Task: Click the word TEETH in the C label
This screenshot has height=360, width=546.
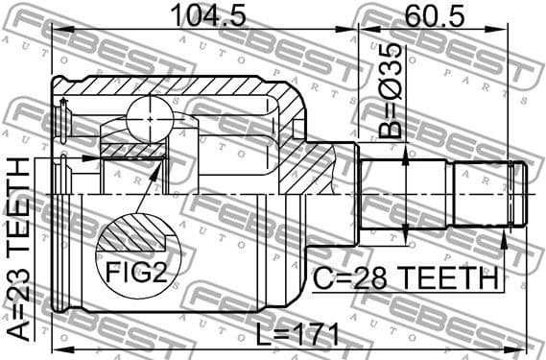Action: pos(449,279)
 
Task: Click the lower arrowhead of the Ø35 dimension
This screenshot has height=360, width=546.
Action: pos(409,231)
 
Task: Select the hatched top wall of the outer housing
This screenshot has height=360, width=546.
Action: pos(173,88)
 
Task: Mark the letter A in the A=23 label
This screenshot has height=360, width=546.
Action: pos(17,337)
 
